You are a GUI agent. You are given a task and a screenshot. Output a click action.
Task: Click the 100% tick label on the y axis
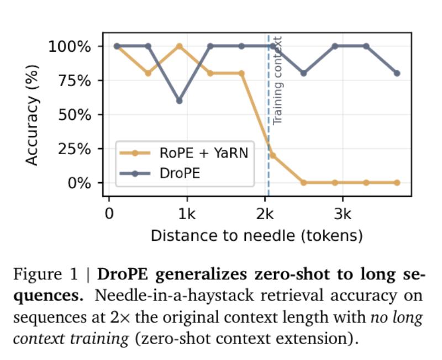pos(69,46)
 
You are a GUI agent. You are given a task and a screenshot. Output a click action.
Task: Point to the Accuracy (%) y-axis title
pos(33,114)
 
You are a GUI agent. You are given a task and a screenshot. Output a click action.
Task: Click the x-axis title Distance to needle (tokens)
pos(256,236)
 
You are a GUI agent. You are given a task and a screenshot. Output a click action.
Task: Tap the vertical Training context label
pos(278,80)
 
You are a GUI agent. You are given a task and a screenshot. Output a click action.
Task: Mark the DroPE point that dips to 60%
pos(179,100)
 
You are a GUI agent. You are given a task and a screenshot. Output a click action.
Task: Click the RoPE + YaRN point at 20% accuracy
pos(272,155)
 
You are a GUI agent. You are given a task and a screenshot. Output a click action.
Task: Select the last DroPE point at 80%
pos(397,73)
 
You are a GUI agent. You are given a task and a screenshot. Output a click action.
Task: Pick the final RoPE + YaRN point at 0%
pos(397,183)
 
